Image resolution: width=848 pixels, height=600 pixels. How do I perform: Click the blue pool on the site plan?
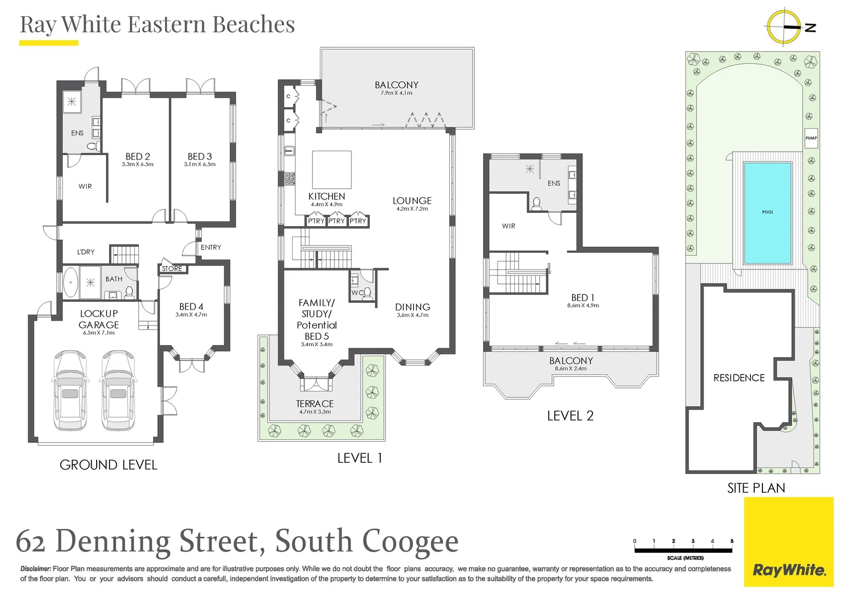coord(767,213)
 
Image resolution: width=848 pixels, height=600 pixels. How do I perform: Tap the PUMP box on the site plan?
coord(811,138)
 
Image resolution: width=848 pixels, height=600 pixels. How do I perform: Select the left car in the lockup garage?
coord(70,390)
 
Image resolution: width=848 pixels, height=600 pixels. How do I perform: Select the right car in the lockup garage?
coord(118,390)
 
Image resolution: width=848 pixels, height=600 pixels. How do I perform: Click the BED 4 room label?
coord(191,307)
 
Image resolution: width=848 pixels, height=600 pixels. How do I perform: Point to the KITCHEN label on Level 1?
coord(327,197)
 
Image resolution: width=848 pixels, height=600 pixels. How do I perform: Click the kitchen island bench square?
coord(332,169)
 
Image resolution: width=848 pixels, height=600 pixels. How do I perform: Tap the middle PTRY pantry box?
coord(337,221)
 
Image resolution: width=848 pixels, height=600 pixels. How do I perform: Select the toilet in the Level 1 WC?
coord(367,293)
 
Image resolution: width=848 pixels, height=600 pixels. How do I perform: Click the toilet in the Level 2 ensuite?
coord(536,204)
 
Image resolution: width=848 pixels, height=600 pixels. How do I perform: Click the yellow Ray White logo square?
coord(789,542)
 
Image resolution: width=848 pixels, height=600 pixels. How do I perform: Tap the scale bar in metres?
coord(684,550)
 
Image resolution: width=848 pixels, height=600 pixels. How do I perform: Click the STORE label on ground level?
coord(172,269)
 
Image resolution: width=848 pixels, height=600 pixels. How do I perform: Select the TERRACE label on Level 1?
coord(315,404)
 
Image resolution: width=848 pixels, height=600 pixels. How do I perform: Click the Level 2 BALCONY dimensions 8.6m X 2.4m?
coord(570,369)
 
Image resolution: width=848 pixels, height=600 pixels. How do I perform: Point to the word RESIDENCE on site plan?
coord(739,378)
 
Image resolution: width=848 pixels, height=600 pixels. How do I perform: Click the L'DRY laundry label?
coord(86,252)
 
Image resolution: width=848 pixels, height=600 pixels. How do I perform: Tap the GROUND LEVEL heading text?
coord(108,465)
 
